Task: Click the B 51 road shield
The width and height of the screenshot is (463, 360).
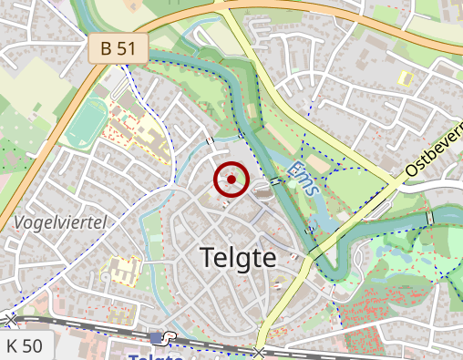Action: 118,49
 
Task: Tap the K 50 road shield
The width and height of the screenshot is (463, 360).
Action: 25,346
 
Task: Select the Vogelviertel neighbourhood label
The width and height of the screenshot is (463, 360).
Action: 61,222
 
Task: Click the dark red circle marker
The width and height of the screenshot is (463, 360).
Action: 231,180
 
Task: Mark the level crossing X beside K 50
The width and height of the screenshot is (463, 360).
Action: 10,319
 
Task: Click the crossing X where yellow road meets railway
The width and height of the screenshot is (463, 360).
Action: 261,352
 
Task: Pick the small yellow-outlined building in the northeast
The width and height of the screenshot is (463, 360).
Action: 406,78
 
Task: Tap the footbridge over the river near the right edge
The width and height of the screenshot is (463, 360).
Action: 429,219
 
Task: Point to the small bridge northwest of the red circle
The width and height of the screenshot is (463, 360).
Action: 211,141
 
